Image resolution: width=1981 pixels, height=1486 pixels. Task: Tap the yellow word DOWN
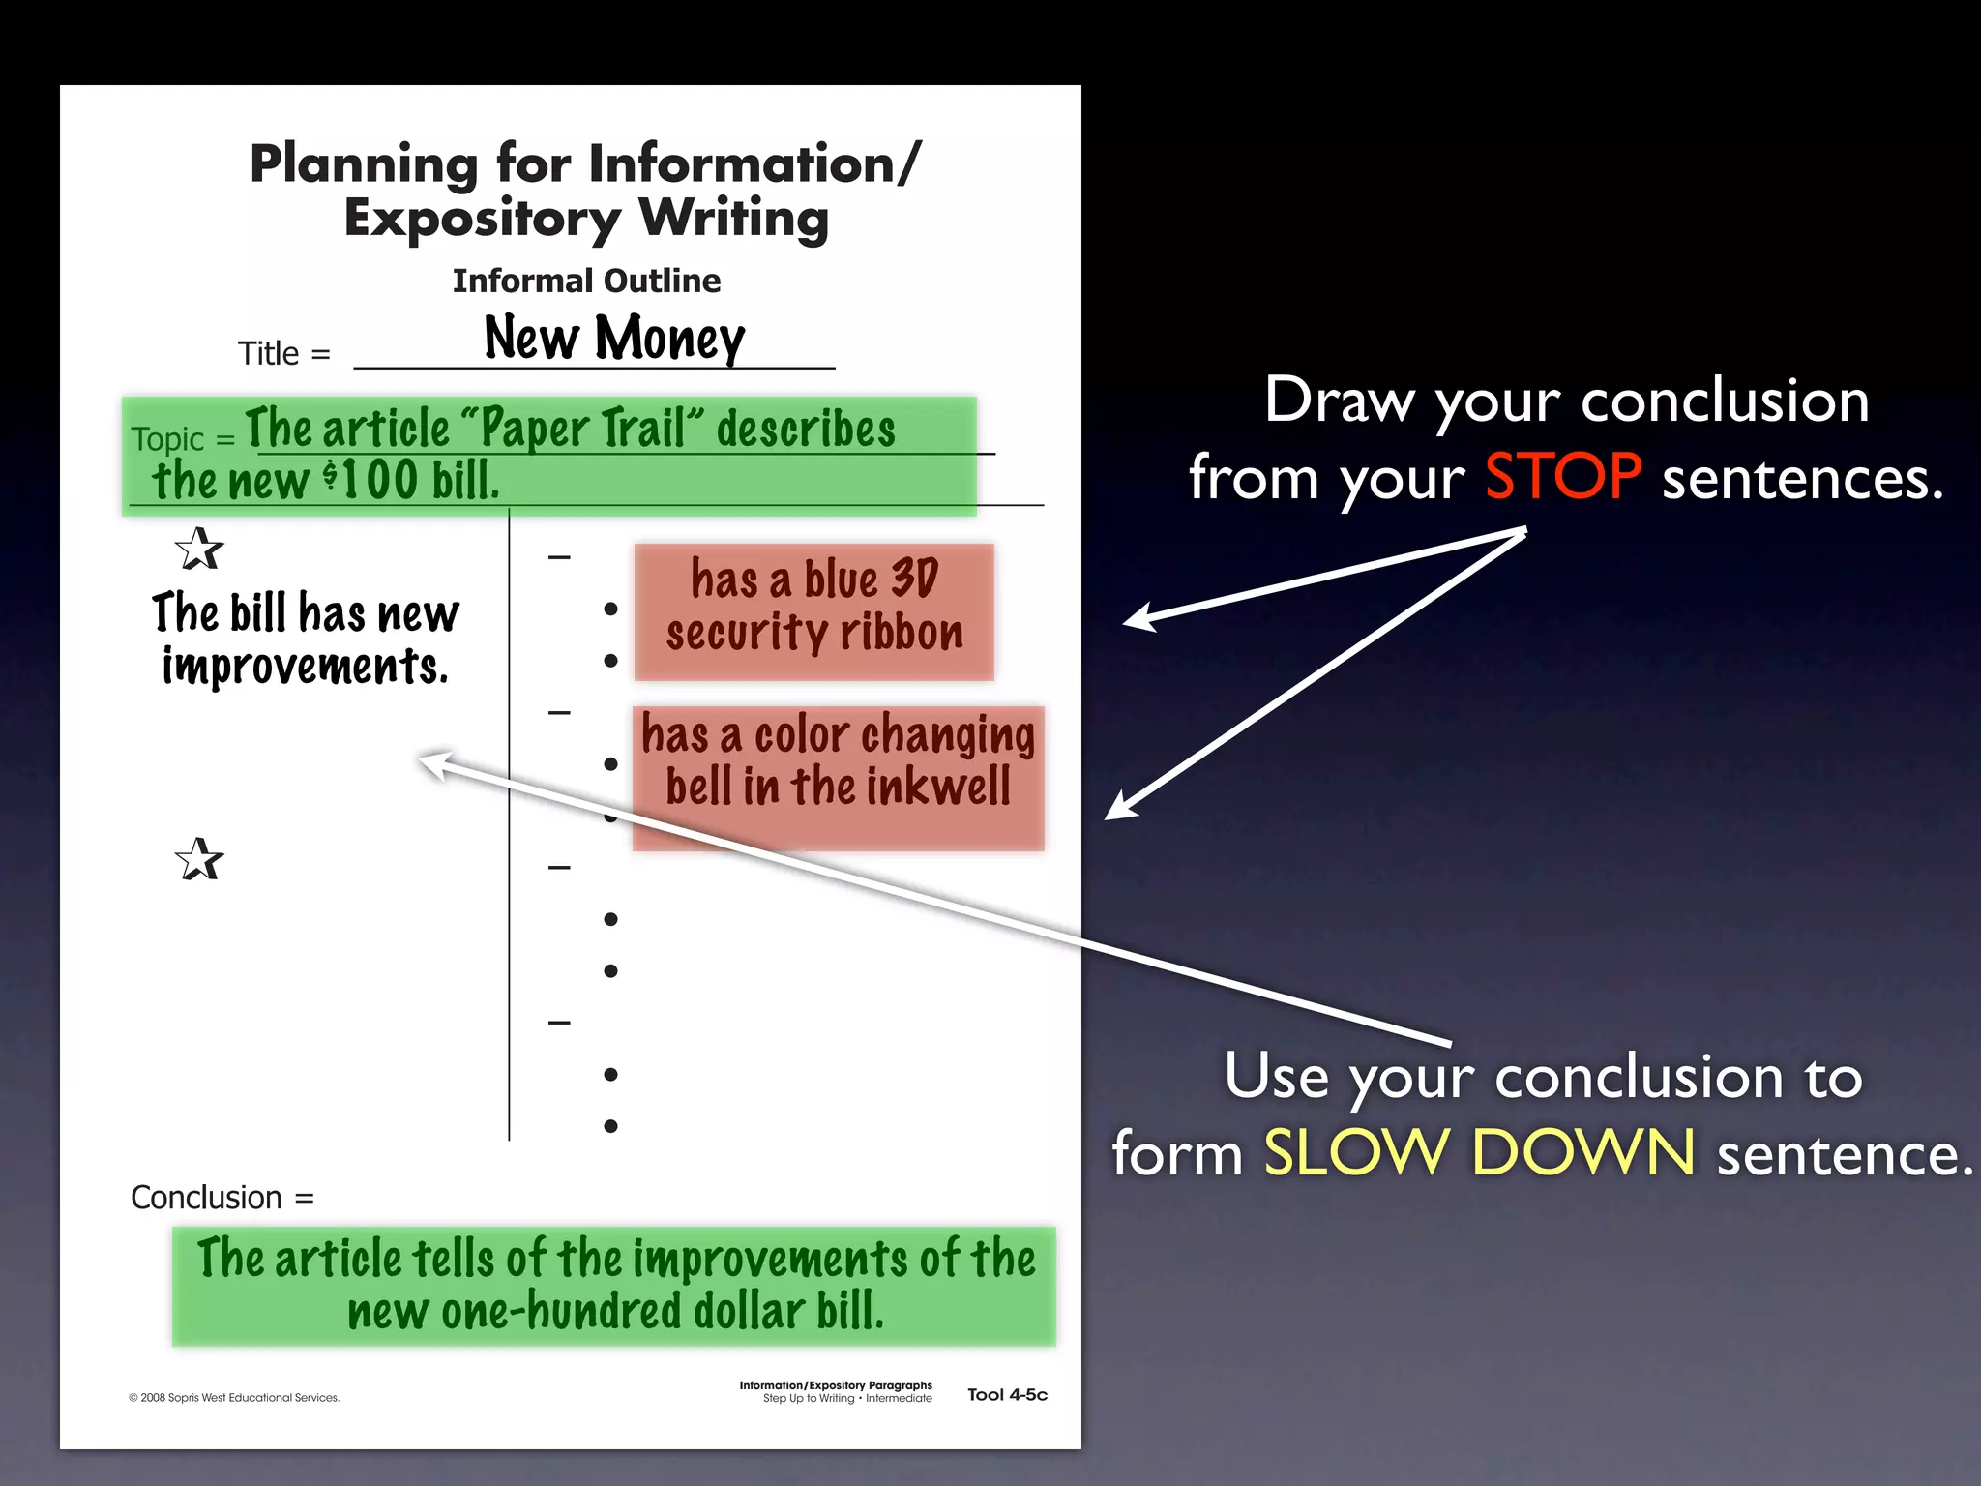1582,1153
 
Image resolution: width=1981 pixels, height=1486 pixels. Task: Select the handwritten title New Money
614,339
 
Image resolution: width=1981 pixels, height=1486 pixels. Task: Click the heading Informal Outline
586,281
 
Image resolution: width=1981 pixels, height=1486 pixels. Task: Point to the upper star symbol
199,550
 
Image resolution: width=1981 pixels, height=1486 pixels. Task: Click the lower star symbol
199,859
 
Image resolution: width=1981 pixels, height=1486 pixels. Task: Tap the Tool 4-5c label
1007,1394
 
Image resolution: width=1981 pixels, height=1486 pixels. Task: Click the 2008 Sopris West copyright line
234,1397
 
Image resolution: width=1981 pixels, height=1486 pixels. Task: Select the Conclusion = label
222,1198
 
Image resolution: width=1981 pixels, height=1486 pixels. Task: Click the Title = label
283,354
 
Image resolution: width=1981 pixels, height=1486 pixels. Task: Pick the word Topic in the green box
168,439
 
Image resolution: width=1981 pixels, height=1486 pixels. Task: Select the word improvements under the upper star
305,668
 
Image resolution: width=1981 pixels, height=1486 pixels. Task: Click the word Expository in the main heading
482,219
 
